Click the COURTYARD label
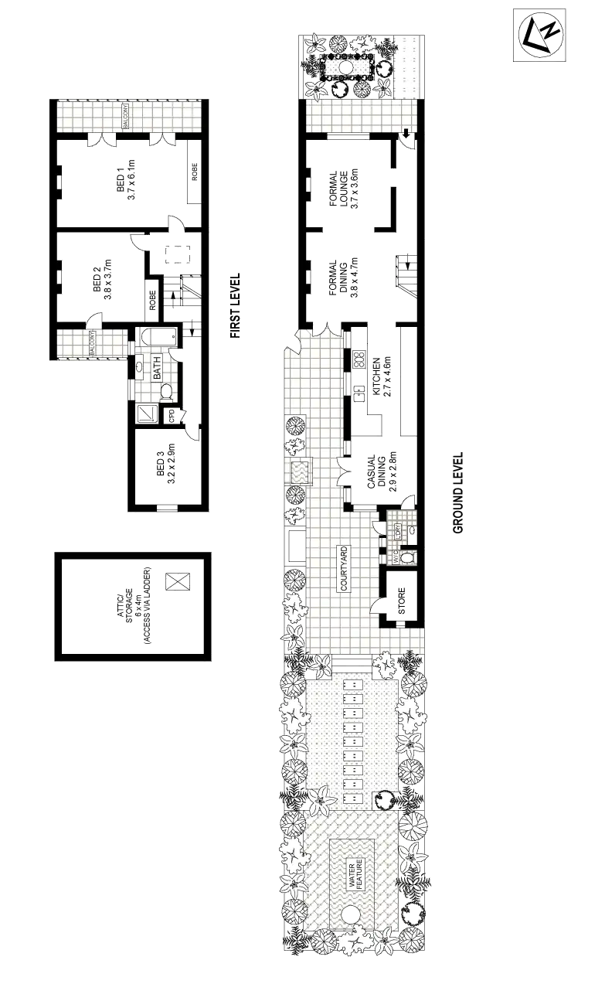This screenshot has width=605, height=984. tap(344, 569)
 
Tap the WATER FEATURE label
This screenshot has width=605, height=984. tap(354, 876)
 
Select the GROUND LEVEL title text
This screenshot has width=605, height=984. tap(458, 494)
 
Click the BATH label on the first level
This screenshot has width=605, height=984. tap(158, 368)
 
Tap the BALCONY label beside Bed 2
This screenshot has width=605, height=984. tap(91, 344)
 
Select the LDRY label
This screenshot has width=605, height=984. tap(398, 532)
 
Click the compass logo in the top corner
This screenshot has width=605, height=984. tap(541, 34)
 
